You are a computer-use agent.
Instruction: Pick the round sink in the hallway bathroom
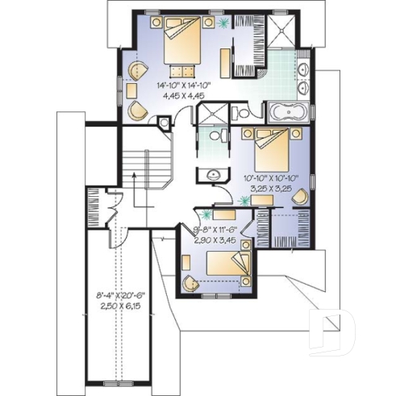tap(213, 175)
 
